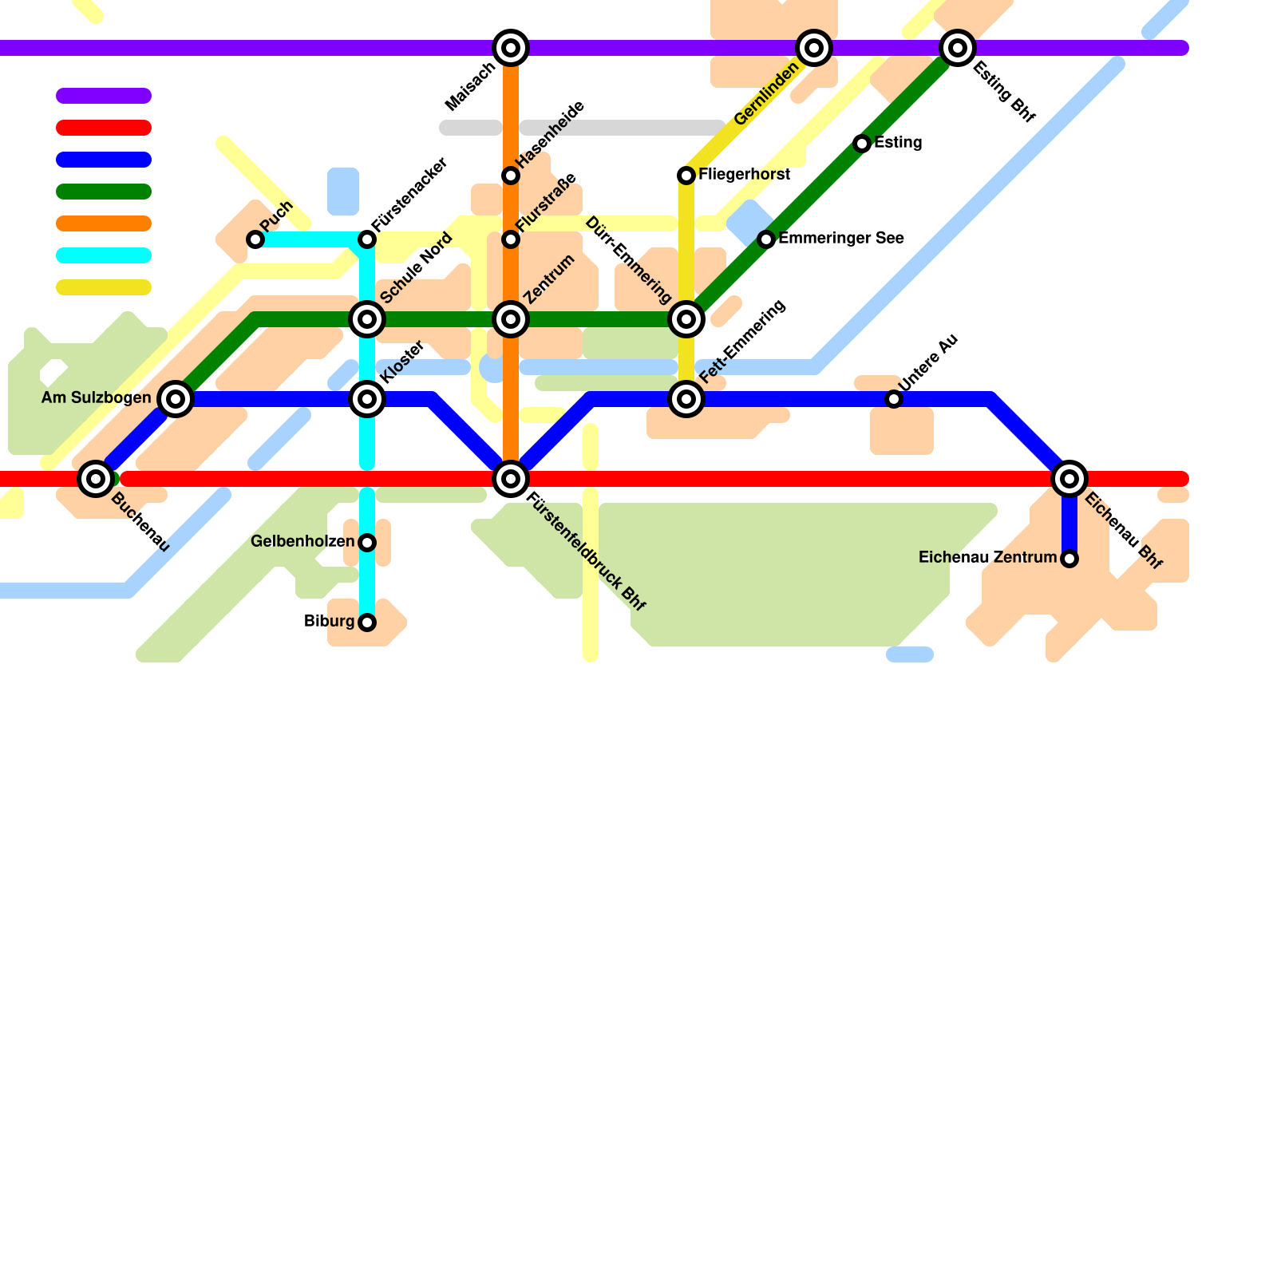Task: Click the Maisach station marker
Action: pyautogui.click(x=511, y=48)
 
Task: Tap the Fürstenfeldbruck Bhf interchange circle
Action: pyautogui.click(x=511, y=479)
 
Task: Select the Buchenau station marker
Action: pyautogui.click(x=96, y=479)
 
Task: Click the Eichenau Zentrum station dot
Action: pyautogui.click(x=1069, y=559)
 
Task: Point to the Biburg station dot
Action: pyautogui.click(x=367, y=623)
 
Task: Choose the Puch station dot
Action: pyautogui.click(x=255, y=239)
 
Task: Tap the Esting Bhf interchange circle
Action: pyautogui.click(x=958, y=48)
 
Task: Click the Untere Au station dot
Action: pyautogui.click(x=894, y=399)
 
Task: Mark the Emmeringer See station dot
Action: pyautogui.click(x=766, y=239)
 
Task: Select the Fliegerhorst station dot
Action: pyautogui.click(x=686, y=176)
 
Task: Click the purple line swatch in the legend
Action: pyautogui.click(x=104, y=96)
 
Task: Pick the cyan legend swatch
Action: pyautogui.click(x=104, y=255)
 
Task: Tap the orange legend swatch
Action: pyautogui.click(x=104, y=223)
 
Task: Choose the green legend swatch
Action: pyautogui.click(x=104, y=192)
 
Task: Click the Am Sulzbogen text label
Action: pyautogui.click(x=96, y=398)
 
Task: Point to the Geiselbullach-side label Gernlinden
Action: pyautogui.click(x=765, y=95)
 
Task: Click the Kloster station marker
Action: pyautogui.click(x=367, y=399)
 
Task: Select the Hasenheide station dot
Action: pyautogui.click(x=511, y=176)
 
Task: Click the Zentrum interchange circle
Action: pyautogui.click(x=511, y=319)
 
